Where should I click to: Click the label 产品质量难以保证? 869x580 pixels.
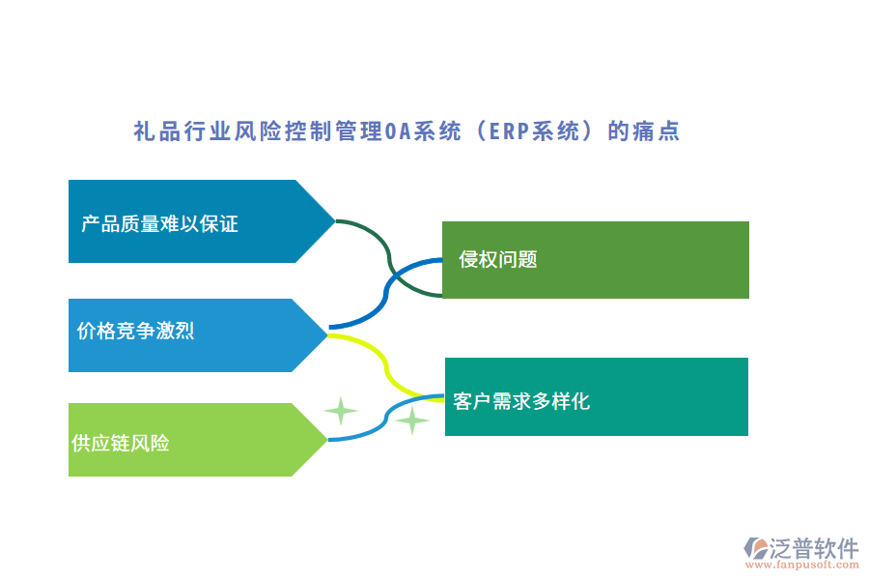coord(159,224)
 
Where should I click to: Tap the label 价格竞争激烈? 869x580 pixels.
coord(135,331)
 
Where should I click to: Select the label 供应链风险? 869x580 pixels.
coord(121,444)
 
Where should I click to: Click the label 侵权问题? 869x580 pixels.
coord(498,259)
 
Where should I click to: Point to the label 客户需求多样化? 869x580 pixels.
coord(521,401)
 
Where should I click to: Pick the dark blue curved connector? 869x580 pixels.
coord(386,290)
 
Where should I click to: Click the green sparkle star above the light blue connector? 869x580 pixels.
coord(340,411)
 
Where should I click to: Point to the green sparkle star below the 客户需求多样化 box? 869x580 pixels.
coord(412,420)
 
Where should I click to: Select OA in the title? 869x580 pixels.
coord(397,131)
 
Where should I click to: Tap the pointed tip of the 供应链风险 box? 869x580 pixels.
coord(326,440)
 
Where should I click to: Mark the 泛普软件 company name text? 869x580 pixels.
coord(815,547)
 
